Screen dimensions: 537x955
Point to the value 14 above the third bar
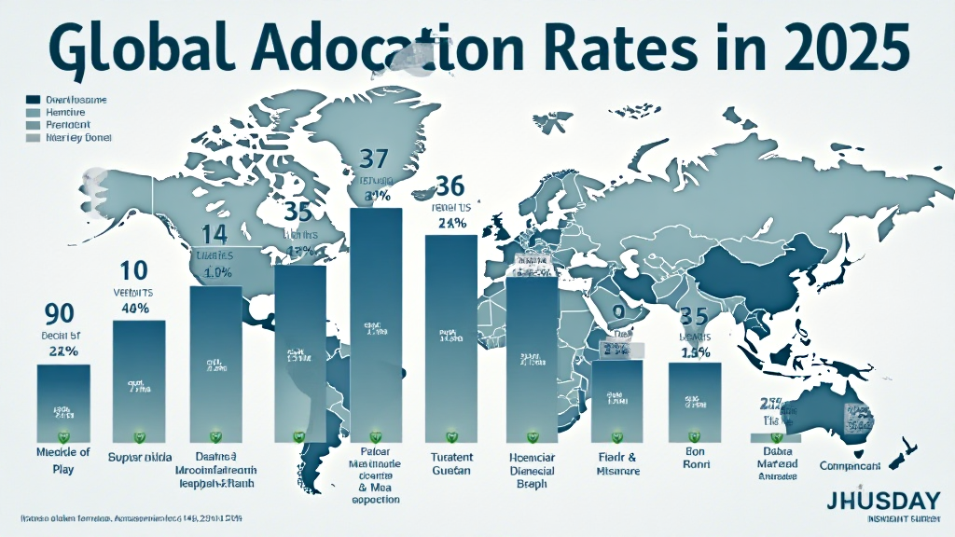[214, 233]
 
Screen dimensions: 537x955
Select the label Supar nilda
[140, 458]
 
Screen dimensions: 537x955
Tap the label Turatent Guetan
[452, 465]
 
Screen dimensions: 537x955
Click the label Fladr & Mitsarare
[616, 464]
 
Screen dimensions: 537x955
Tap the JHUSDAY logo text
[882, 500]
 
